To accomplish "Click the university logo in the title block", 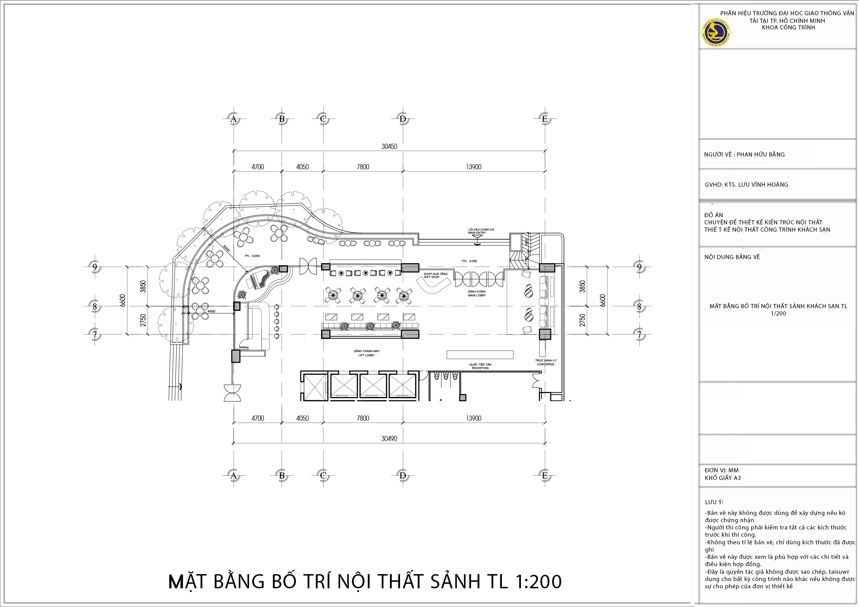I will coord(715,33).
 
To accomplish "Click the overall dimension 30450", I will coord(389,146).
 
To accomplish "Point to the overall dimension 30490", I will coord(389,439).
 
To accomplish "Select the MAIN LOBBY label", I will coord(477,294).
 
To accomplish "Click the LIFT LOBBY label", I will coord(367,353).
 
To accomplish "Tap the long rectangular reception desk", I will coord(480,355).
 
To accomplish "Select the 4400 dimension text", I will coord(211,311).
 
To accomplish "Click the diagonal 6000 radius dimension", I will coord(226,249).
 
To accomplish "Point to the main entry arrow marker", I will coord(477,243).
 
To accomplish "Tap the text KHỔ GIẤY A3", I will coord(723,477).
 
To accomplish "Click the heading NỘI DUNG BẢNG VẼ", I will coord(732,257).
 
